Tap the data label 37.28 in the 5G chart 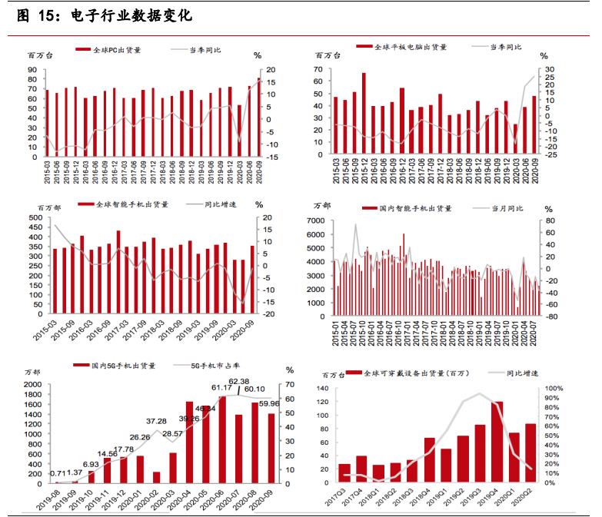pyautogui.click(x=157, y=421)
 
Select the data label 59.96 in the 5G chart pyautogui.click(x=268, y=403)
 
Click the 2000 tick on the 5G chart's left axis pyautogui.click(x=32, y=384)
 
